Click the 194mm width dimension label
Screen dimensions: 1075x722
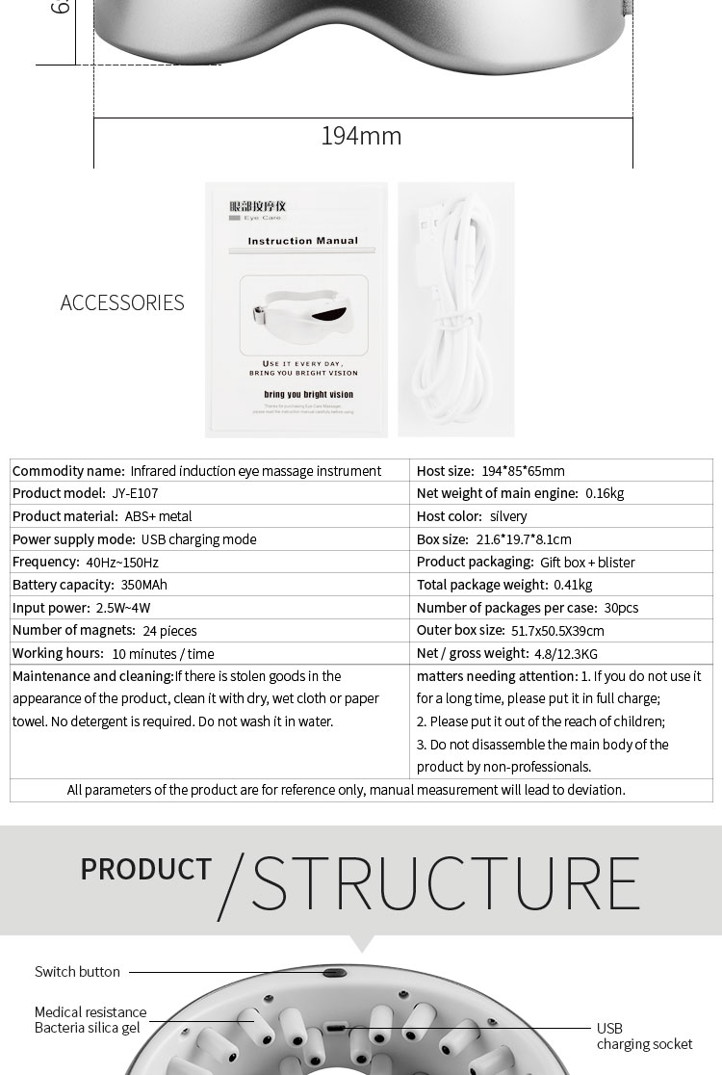[361, 136]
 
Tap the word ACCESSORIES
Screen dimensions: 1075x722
[122, 302]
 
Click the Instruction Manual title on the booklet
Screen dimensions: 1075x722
[302, 241]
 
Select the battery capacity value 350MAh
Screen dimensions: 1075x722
[143, 585]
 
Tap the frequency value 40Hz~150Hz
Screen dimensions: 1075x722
[122, 562]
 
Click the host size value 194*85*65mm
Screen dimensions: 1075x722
[523, 470]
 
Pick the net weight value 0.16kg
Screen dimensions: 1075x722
[605, 493]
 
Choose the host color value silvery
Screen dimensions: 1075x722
[508, 516]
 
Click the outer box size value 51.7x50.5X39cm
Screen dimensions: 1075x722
[558, 631]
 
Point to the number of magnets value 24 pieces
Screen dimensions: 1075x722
[169, 631]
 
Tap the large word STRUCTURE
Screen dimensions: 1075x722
[445, 880]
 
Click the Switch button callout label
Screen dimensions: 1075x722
[77, 972]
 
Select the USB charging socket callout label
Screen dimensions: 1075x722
[644, 1036]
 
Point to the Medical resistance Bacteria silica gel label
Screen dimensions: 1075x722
[90, 1020]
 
